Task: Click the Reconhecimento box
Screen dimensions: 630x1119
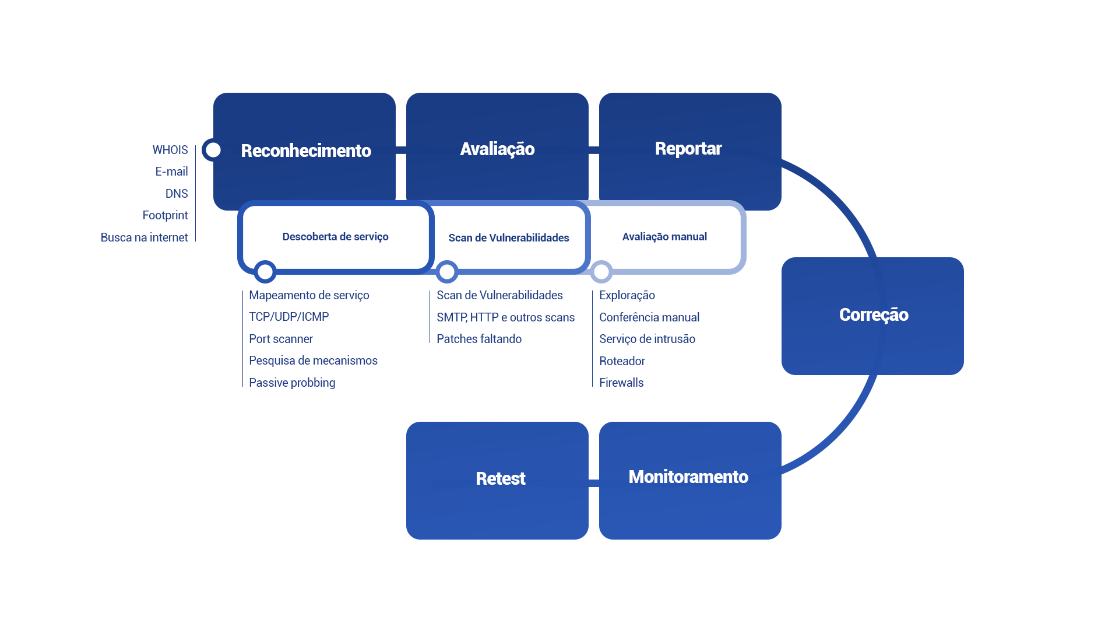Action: [305, 150]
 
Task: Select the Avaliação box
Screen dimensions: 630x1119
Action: [497, 149]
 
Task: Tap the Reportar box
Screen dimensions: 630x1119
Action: [688, 149]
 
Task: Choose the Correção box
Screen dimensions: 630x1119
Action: [873, 315]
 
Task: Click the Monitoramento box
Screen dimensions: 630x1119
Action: [688, 477]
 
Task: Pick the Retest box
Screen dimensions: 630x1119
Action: [500, 479]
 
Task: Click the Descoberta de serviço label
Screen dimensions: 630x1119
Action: [335, 237]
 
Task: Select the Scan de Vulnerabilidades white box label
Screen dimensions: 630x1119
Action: [508, 238]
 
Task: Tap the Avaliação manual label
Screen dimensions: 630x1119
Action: [664, 237]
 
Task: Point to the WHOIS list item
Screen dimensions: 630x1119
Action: [170, 150]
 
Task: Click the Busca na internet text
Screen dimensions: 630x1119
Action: [144, 238]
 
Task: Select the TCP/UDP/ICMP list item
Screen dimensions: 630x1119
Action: [289, 317]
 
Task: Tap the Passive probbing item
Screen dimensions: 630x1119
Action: [292, 383]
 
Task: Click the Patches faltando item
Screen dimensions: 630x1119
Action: [479, 339]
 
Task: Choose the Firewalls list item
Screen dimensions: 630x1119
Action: [621, 383]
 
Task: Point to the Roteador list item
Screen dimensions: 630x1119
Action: [622, 361]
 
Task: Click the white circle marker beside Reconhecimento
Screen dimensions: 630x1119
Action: [213, 150]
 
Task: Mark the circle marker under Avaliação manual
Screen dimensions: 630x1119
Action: [601, 272]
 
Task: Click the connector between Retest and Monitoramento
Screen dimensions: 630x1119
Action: [594, 483]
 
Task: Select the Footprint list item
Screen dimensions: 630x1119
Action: [165, 216]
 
